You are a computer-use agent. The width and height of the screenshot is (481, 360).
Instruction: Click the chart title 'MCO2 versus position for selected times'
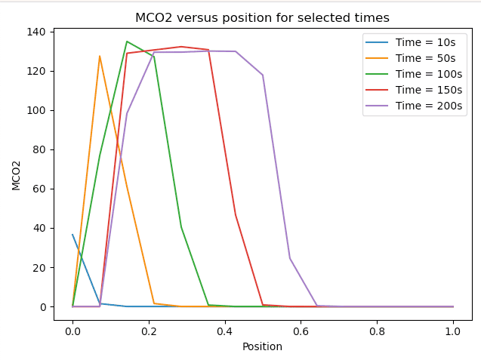(262, 17)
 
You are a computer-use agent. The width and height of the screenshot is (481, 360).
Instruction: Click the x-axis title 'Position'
(262, 346)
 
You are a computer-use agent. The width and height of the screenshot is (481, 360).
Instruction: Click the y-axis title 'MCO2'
(17, 174)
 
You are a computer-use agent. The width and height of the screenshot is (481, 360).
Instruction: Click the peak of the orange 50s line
(100, 56)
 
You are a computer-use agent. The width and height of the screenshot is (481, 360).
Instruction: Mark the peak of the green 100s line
(127, 42)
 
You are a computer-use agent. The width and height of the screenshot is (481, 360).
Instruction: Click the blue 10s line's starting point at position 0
(72, 235)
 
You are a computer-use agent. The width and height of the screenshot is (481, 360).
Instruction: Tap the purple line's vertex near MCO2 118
(263, 75)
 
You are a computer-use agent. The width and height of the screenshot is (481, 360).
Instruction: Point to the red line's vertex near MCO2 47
(236, 215)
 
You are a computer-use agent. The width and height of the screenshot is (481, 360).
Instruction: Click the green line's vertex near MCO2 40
(181, 227)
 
